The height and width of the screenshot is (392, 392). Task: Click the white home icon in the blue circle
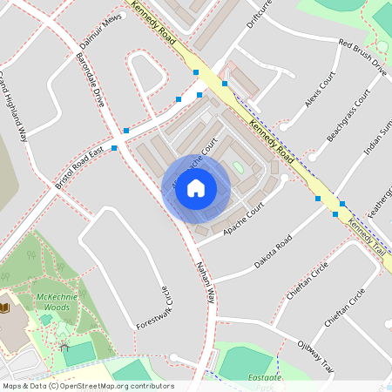pos(196,188)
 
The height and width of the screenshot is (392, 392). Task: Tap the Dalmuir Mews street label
pos(98,31)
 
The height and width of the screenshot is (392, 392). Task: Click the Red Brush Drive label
pos(362,57)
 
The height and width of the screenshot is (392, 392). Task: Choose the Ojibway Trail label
pos(314,353)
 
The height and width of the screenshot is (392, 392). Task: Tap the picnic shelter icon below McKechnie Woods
pos(64,348)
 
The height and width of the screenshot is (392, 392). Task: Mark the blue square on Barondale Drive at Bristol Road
pos(114,147)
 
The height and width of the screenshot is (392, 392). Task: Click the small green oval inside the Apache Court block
pos(238,166)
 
